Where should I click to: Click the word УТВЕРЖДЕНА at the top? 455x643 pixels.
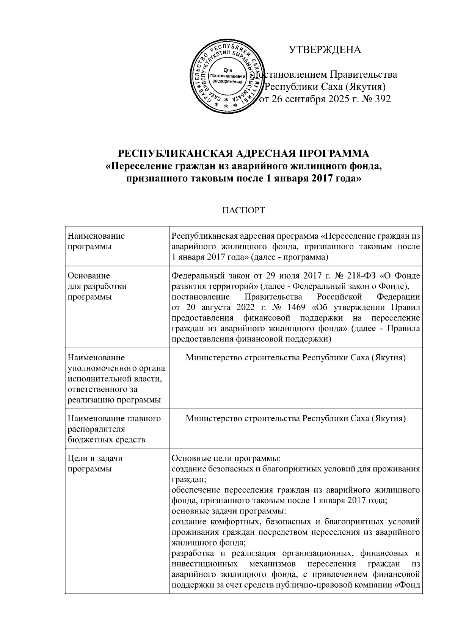[325, 50]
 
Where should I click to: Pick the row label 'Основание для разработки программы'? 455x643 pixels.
[97, 286]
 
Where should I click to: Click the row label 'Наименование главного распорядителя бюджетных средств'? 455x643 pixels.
[114, 429]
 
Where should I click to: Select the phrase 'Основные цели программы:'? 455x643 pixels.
[226, 458]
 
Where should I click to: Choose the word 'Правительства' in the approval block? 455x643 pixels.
[364, 74]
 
